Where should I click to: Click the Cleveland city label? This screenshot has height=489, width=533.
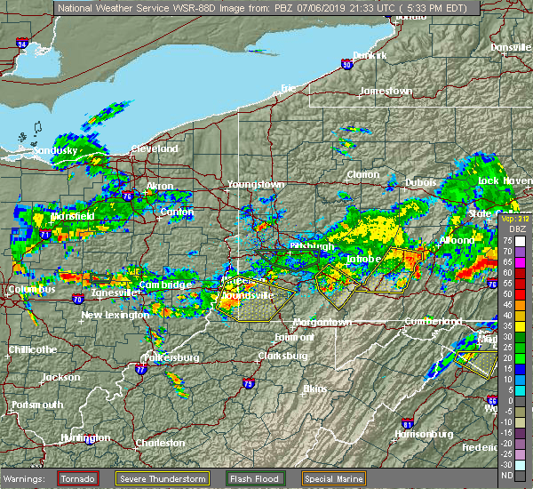pyautogui.click(x=155, y=148)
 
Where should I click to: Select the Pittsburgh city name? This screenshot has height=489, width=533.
pyautogui.click(x=311, y=246)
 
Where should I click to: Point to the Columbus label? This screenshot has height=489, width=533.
pyautogui.click(x=31, y=290)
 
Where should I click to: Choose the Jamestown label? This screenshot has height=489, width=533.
pyautogui.click(x=386, y=92)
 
